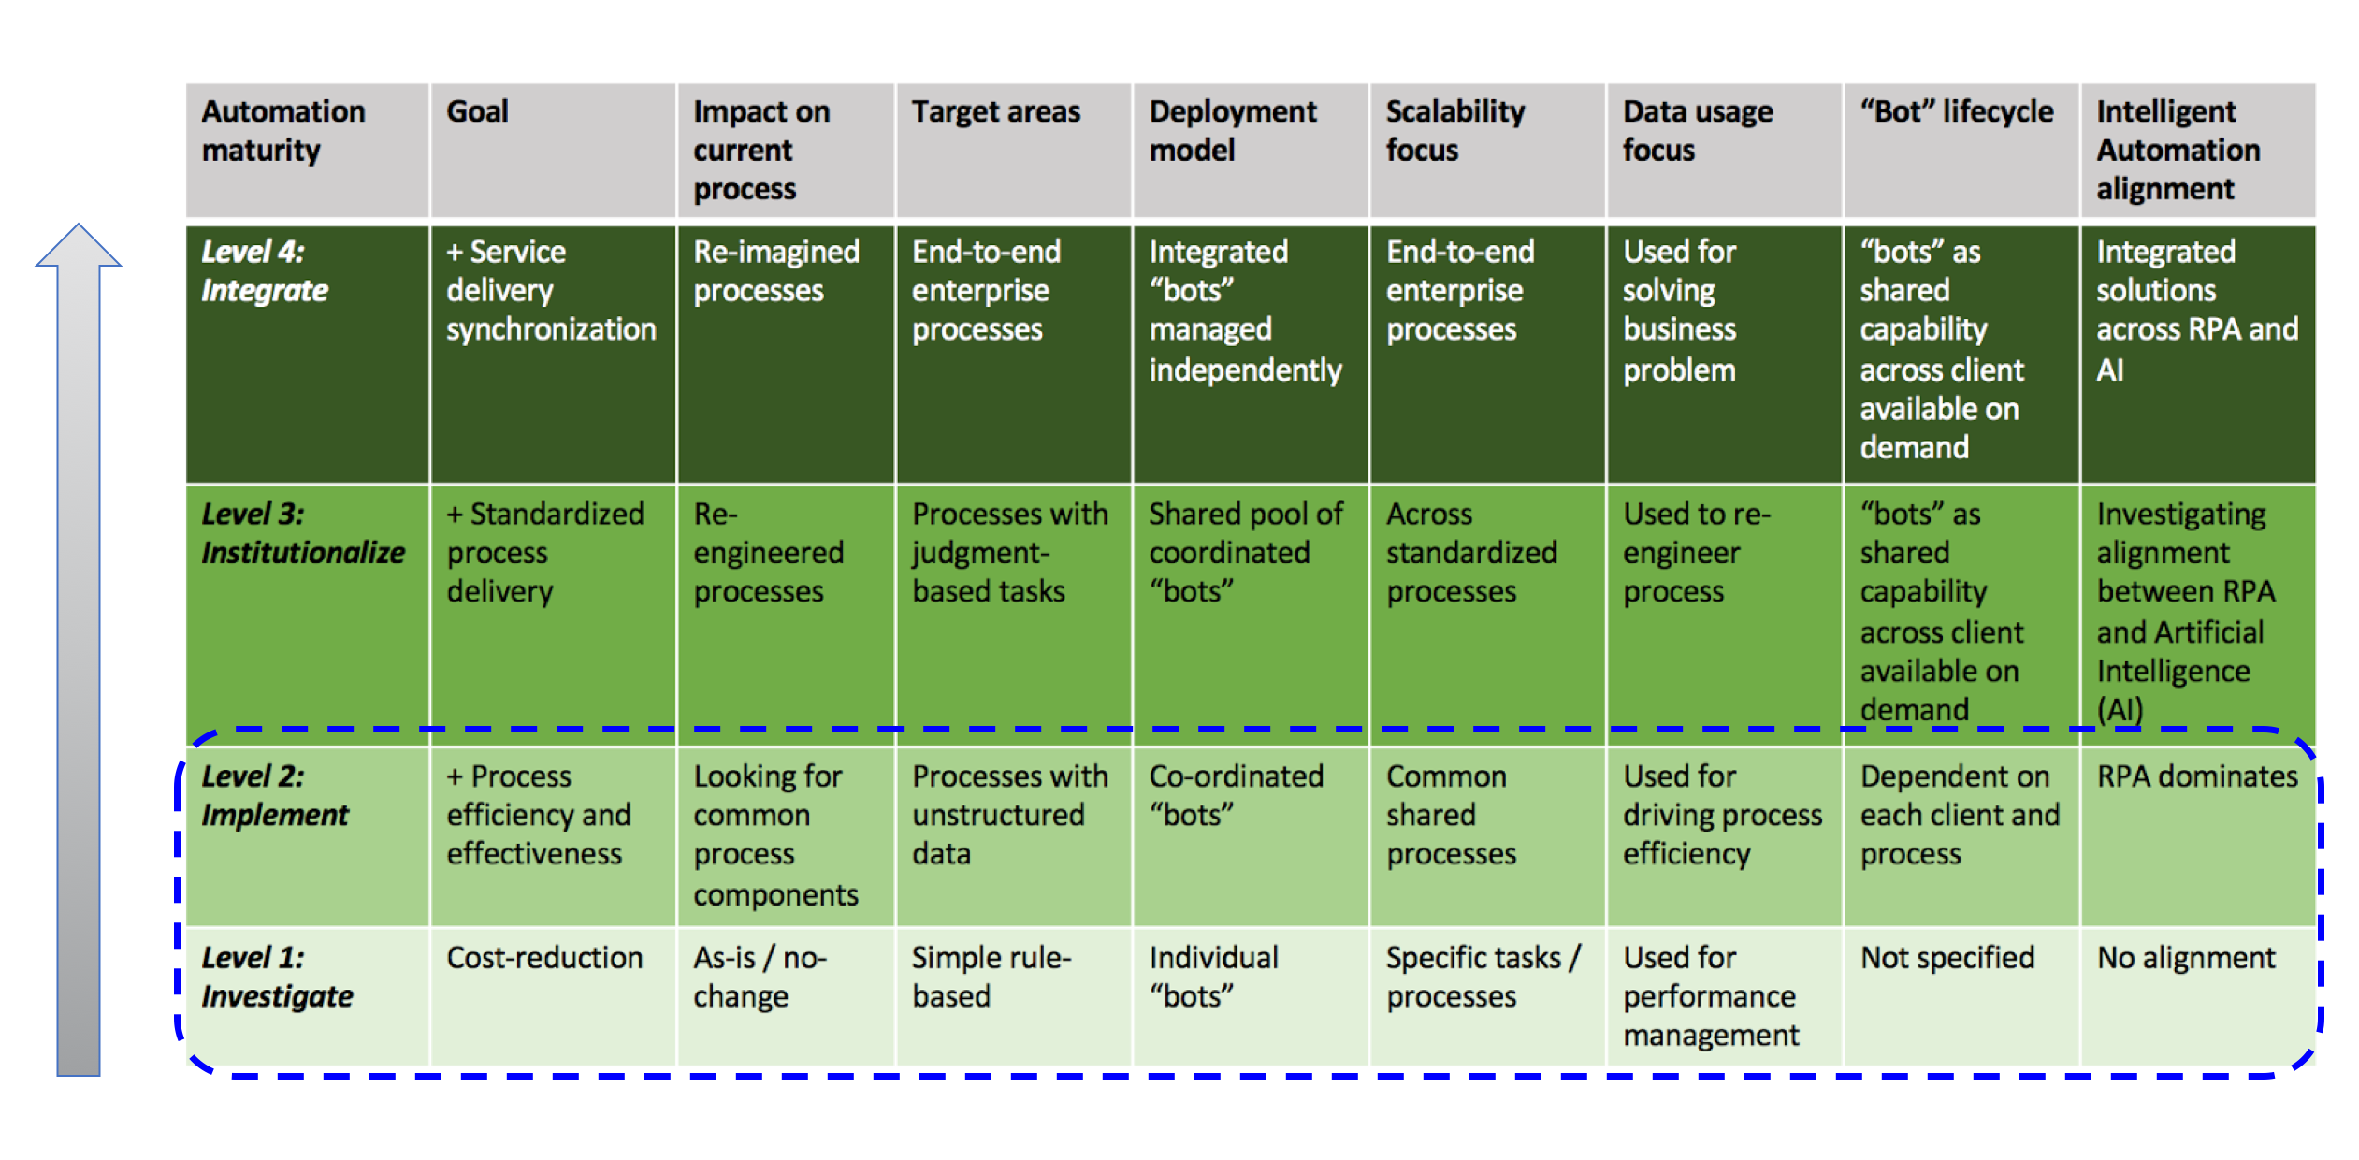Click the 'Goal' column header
[477, 112]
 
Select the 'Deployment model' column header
[1232, 131]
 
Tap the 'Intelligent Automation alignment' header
[2178, 150]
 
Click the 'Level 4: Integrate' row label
[265, 271]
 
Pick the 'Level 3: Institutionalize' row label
[302, 533]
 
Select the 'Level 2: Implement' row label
[274, 795]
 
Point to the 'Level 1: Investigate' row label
[277, 977]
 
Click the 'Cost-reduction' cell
[544, 958]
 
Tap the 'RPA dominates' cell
[2196, 776]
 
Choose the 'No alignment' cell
[2186, 958]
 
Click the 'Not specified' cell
[1947, 958]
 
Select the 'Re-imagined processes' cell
[775, 271]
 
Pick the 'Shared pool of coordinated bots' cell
[1244, 552]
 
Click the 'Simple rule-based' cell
[991, 977]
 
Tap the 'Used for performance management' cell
[1710, 996]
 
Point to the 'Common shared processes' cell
[1450, 815]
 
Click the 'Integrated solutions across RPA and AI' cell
[2195, 310]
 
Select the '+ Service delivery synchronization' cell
[550, 291]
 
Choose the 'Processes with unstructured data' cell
[1008, 815]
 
